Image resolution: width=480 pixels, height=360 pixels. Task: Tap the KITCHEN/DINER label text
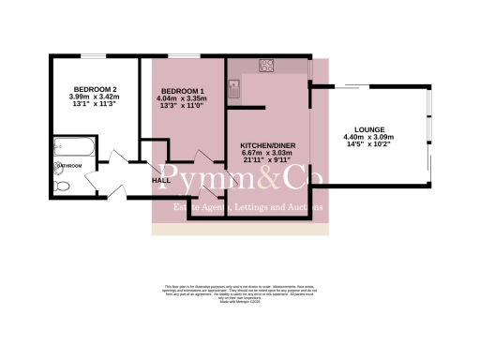[268, 146]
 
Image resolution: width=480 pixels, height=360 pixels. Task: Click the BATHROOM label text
[70, 166]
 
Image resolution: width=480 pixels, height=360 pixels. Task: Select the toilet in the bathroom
[62, 186]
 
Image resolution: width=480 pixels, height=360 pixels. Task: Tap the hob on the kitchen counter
[266, 66]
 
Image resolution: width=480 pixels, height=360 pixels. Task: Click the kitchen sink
[232, 89]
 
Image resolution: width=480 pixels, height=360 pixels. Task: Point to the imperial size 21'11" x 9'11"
[268, 162]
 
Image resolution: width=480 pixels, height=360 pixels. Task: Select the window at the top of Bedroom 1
[184, 56]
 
